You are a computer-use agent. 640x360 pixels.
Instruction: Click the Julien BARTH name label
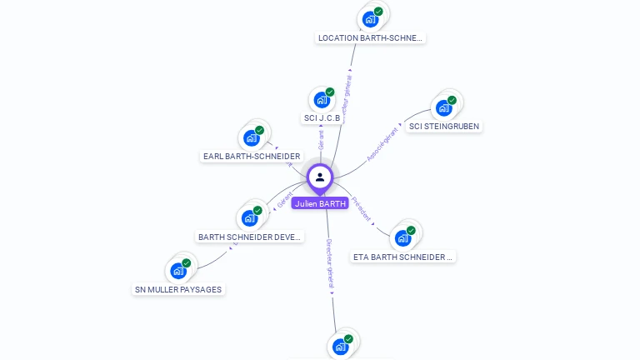click(x=320, y=203)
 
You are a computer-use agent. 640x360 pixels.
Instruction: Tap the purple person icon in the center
click(x=320, y=177)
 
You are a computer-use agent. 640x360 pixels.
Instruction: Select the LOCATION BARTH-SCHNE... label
click(x=371, y=37)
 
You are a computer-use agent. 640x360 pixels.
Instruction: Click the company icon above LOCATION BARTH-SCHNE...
click(x=371, y=18)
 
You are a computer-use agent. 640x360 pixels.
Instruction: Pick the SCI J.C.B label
click(x=322, y=117)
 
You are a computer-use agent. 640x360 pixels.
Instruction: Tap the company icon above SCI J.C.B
click(x=322, y=99)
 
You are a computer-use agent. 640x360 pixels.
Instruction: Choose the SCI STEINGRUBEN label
click(x=445, y=127)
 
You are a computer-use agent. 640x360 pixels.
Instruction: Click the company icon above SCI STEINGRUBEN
click(x=443, y=107)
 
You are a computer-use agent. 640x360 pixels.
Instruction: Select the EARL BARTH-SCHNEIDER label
click(x=252, y=156)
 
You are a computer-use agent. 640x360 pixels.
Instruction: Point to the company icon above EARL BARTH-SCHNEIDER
click(x=251, y=137)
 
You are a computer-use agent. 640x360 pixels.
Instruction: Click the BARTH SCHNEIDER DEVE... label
click(x=250, y=237)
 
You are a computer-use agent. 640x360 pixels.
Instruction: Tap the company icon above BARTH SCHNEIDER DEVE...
click(x=249, y=218)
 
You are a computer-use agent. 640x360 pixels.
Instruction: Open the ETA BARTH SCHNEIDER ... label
click(x=403, y=257)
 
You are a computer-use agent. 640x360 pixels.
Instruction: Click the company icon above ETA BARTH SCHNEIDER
click(x=403, y=237)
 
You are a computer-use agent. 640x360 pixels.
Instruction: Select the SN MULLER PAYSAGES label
click(x=179, y=289)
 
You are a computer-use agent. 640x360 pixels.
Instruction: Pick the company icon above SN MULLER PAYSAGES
click(x=178, y=270)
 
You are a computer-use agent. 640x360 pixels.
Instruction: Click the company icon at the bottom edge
click(x=340, y=346)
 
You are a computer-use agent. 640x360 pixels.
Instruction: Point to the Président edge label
click(x=361, y=207)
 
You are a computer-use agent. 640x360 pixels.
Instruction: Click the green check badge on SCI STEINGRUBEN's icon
click(x=452, y=100)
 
